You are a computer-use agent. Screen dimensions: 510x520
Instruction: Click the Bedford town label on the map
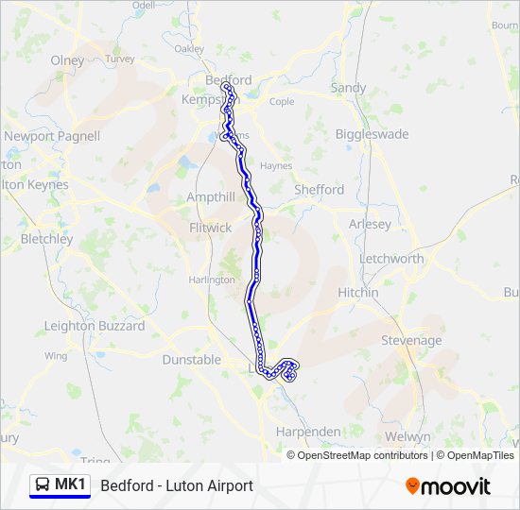coord(228,80)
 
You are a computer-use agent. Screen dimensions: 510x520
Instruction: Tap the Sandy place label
coord(348,88)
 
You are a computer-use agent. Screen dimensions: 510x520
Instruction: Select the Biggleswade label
coord(372,134)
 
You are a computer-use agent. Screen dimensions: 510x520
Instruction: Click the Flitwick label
coord(210,228)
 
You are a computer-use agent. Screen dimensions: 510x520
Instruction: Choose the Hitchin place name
coord(357,293)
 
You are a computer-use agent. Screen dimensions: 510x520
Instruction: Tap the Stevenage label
coord(411,340)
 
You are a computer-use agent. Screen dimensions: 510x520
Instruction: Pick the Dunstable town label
coord(191,360)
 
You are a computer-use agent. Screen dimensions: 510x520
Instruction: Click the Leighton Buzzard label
coord(95,326)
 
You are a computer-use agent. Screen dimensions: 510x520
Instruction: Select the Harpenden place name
coord(307,432)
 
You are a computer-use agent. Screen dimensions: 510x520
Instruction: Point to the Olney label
coord(67,60)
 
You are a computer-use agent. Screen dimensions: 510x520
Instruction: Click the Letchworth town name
coord(391,258)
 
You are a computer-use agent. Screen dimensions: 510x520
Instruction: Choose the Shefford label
coord(319,190)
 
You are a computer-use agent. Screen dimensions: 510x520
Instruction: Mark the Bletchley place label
coord(46,239)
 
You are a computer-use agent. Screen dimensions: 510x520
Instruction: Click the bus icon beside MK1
coord(43,485)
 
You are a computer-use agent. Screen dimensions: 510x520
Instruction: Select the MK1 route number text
coord(70,485)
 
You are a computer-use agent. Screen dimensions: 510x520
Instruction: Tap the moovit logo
coord(448,486)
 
